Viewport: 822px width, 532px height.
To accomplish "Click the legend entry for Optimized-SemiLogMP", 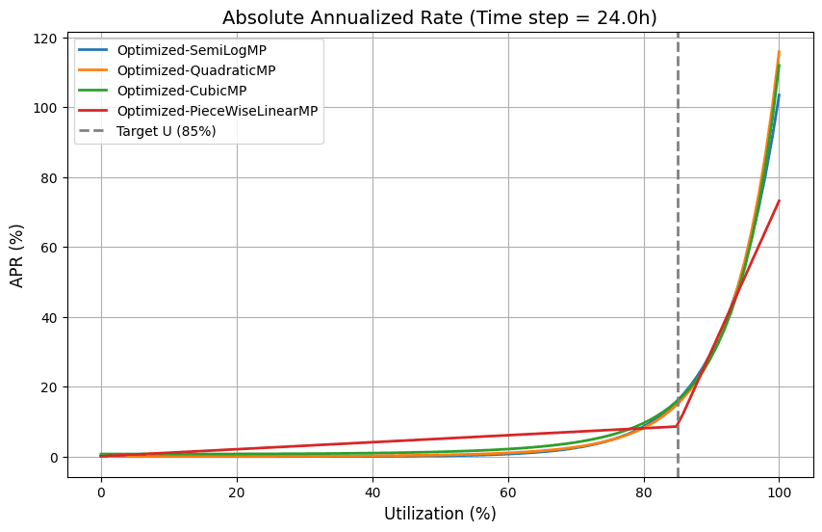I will (x=178, y=49).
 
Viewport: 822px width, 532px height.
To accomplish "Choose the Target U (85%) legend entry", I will (x=166, y=131).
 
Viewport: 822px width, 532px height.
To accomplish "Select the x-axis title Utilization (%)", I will (x=440, y=514).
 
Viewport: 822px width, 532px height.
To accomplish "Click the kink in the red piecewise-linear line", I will (x=678, y=426).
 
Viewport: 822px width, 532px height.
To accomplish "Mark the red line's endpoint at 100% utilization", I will (x=779, y=201).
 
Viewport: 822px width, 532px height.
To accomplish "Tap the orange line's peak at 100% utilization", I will (x=779, y=52).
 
